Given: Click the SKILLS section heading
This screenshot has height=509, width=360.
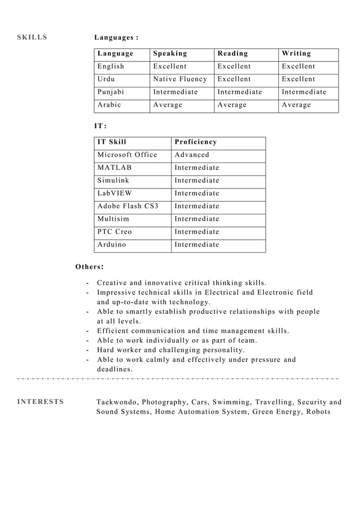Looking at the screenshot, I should [x=32, y=38].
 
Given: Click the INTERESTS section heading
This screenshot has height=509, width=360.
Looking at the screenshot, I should [x=41, y=402].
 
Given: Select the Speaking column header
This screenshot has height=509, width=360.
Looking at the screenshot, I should [x=170, y=54].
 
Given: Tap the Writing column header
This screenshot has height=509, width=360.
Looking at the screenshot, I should [x=296, y=54].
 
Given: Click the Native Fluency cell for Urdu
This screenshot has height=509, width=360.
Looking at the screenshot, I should [x=180, y=80].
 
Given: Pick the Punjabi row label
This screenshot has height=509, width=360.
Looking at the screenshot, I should [x=111, y=92].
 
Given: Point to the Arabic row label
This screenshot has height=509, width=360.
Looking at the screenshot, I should [x=109, y=105].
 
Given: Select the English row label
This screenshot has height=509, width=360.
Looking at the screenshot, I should [x=111, y=67].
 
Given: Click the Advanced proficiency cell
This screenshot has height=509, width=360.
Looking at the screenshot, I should [x=192, y=155].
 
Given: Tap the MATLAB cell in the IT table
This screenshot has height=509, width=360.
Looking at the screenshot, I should [x=115, y=168].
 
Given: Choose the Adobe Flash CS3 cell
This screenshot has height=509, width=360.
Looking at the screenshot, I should [x=128, y=206].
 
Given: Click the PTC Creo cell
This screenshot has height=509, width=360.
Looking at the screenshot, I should [x=115, y=232].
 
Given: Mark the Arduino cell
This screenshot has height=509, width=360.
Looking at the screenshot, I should [x=112, y=245].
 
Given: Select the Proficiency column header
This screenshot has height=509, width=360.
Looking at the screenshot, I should [x=195, y=142].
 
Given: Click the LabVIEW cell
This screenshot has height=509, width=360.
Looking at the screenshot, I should [x=115, y=194].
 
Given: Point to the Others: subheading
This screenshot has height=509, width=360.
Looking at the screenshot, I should [x=89, y=266].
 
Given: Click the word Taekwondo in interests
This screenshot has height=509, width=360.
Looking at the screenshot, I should [x=116, y=402].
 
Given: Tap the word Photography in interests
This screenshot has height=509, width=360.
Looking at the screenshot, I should [x=164, y=402].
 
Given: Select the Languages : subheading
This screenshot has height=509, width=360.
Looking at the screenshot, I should [x=116, y=38].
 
